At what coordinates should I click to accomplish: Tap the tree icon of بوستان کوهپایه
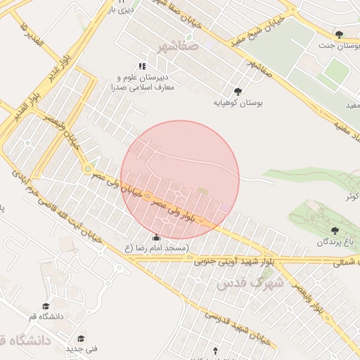[238, 91]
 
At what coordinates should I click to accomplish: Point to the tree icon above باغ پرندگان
[334, 230]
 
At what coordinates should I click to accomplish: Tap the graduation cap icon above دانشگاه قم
[46, 306]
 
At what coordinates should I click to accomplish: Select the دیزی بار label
[121, 10]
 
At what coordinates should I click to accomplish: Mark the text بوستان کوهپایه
[238, 103]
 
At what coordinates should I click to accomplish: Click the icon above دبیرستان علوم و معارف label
[143, 66]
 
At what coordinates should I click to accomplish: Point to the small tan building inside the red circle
[203, 191]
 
